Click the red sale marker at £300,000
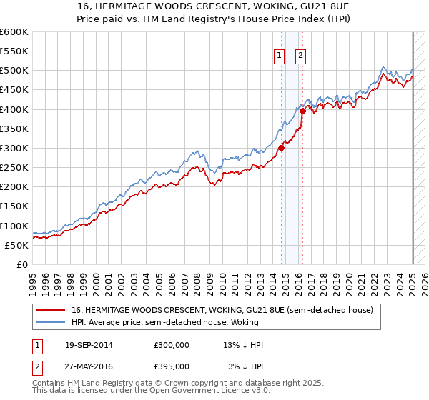click(x=282, y=148)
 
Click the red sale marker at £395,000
click(x=302, y=111)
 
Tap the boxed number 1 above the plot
click(x=278, y=57)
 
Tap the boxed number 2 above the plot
click(x=300, y=57)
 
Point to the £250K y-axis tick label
click(x=14, y=167)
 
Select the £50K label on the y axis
click(x=17, y=245)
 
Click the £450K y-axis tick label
click(x=14, y=89)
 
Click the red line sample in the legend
click(x=51, y=311)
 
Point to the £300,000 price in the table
click(x=172, y=346)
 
